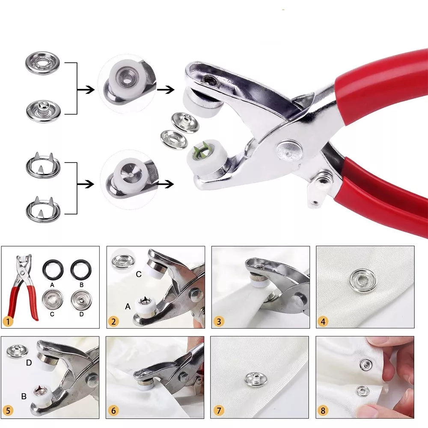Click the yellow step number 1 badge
pyautogui.click(x=8, y=321)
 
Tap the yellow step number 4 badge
pyautogui.click(x=323, y=321)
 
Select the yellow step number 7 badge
pyautogui.click(x=219, y=410)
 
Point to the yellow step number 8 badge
pyautogui.click(x=323, y=410)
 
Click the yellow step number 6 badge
pyautogui.click(x=113, y=410)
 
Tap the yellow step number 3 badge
pyautogui.click(x=219, y=321)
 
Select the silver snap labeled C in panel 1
pyautogui.click(x=52, y=300)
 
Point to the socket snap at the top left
pyautogui.click(x=42, y=63)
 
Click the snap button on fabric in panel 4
pyautogui.click(x=363, y=280)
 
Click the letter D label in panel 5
pyautogui.click(x=29, y=363)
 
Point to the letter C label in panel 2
pyautogui.click(x=139, y=274)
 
